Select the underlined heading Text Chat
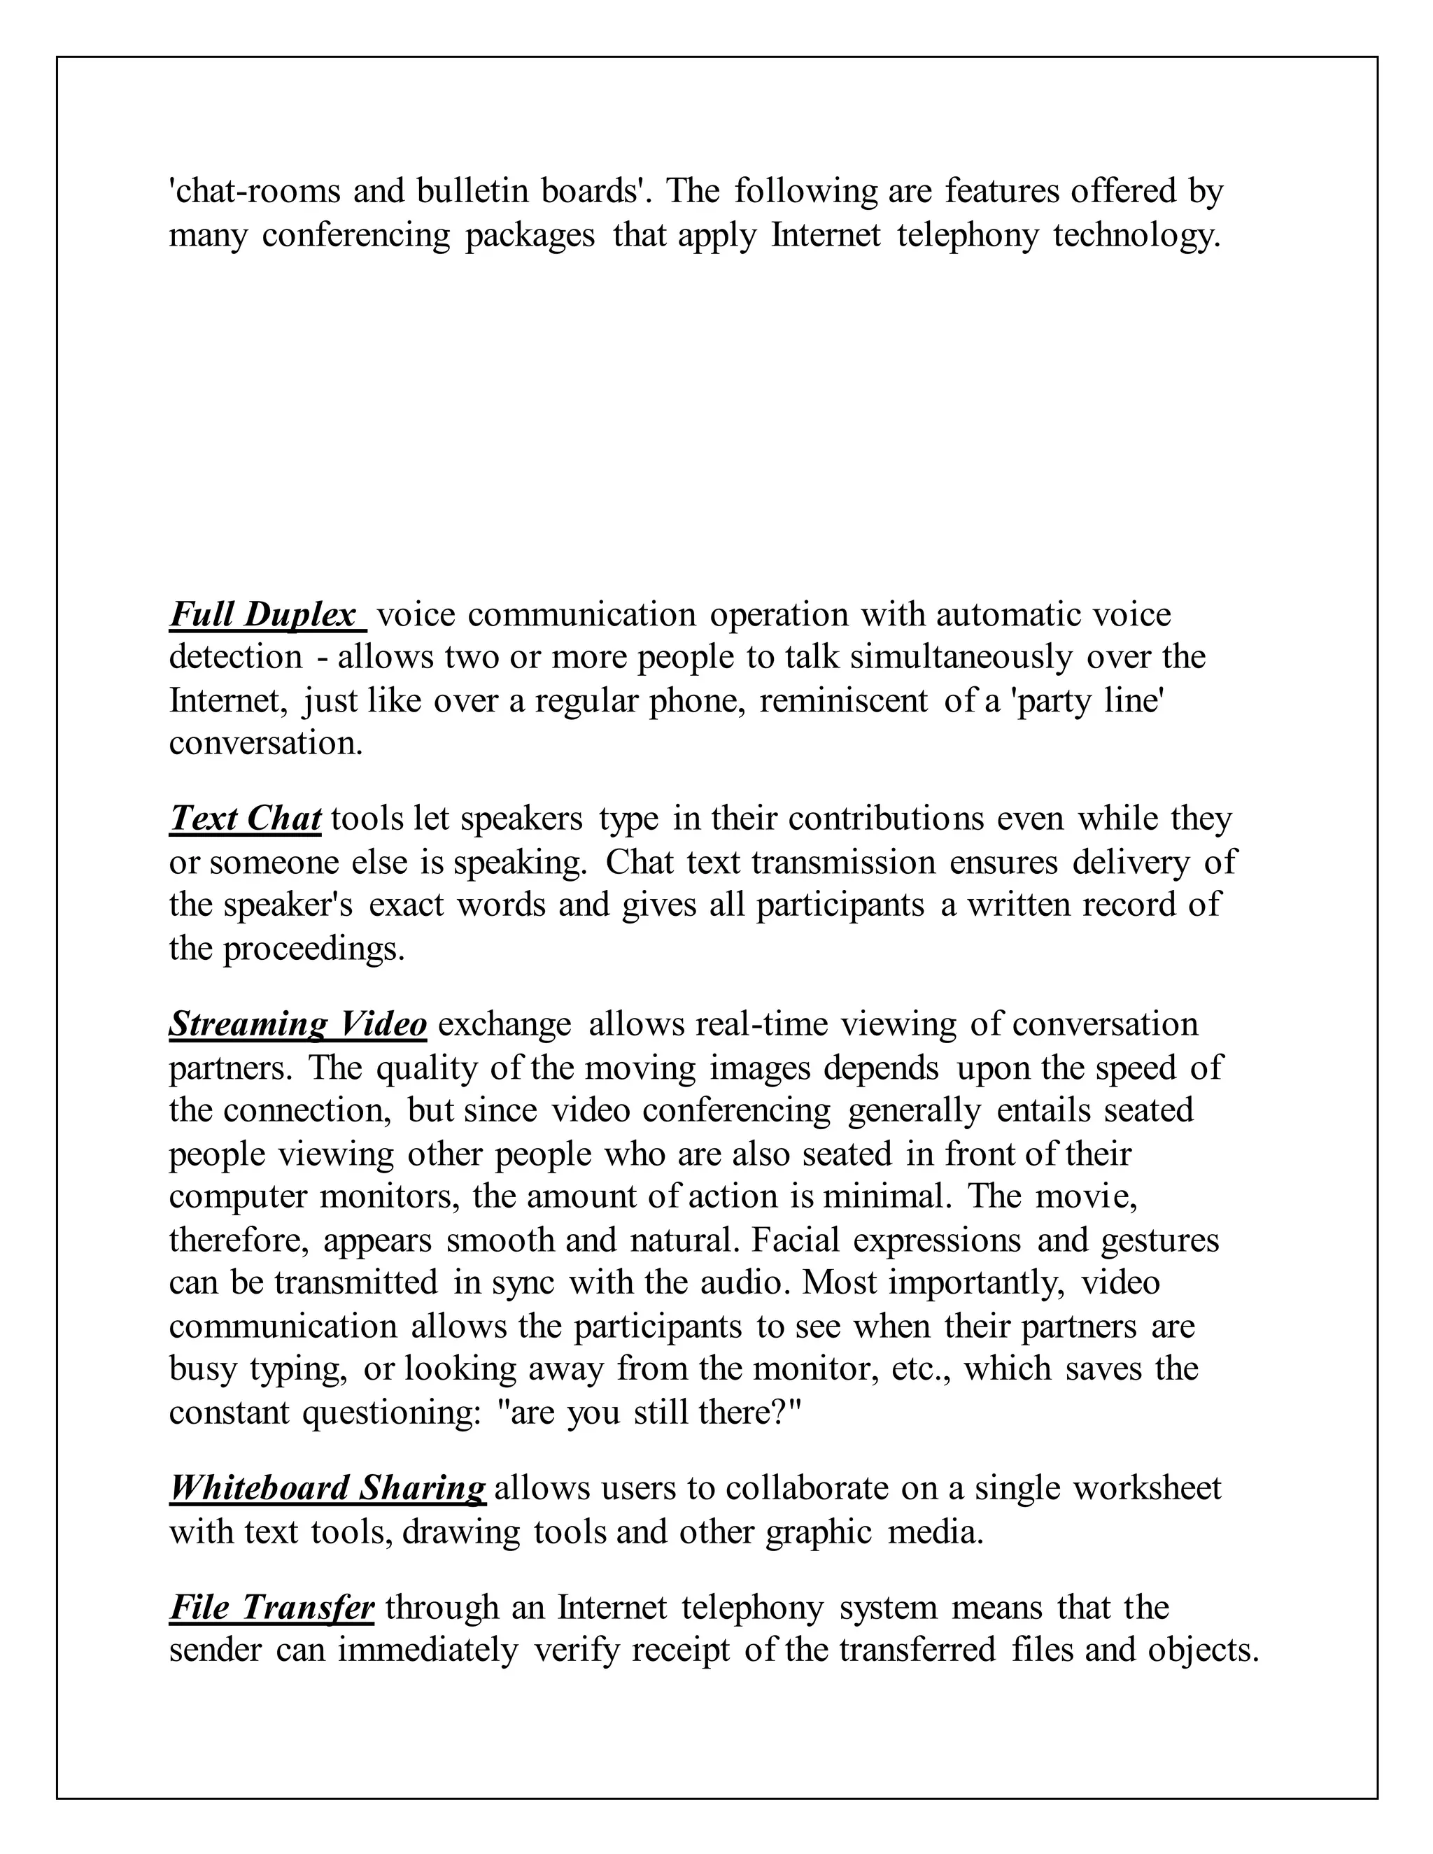[x=246, y=819]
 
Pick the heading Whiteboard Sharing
[x=327, y=1488]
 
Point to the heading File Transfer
[x=271, y=1607]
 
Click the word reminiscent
[x=844, y=700]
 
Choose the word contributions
[x=887, y=819]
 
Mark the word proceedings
[x=314, y=948]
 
